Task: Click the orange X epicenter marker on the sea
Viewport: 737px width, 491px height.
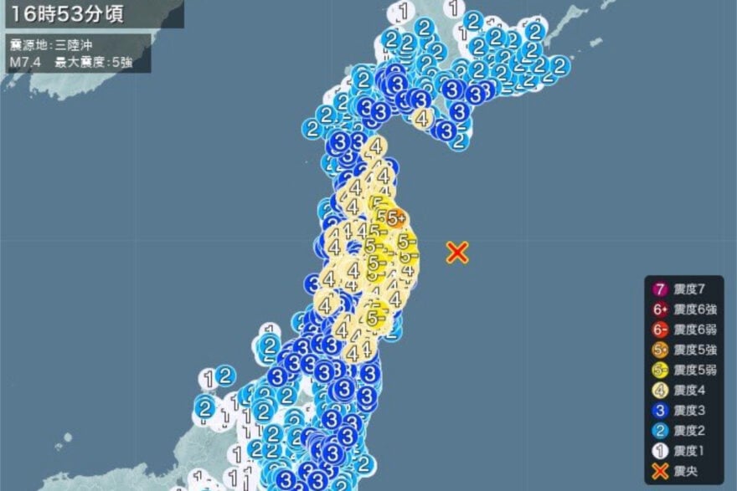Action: (456, 252)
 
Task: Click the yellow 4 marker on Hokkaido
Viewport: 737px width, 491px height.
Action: (423, 119)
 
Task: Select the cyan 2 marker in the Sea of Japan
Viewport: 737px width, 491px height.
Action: (225, 376)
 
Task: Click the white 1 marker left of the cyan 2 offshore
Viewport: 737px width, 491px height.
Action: (208, 379)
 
